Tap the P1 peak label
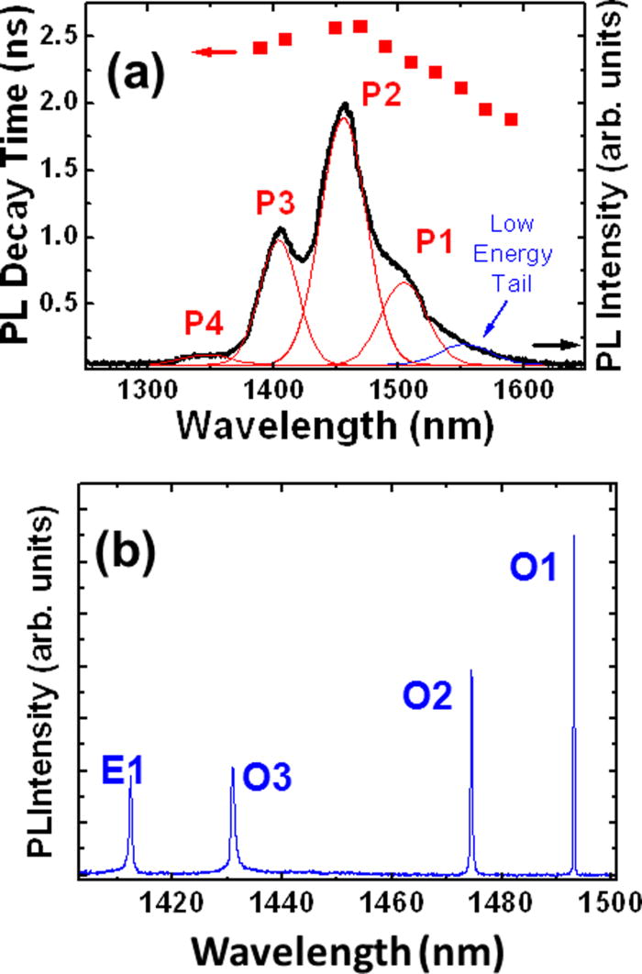pos(434,242)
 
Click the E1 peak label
pos(125,777)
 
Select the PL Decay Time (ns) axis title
pos(20,183)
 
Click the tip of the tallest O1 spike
pos(573,536)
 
